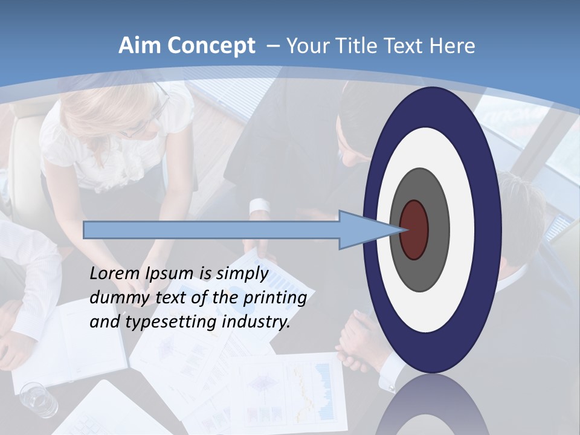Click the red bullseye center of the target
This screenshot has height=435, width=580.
point(414,230)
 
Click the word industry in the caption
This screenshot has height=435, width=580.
point(256,322)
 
